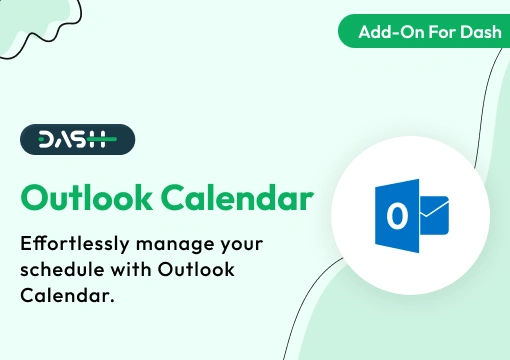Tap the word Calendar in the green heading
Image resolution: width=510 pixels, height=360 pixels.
click(x=235, y=197)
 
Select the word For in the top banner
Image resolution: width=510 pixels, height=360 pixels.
click(x=438, y=33)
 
